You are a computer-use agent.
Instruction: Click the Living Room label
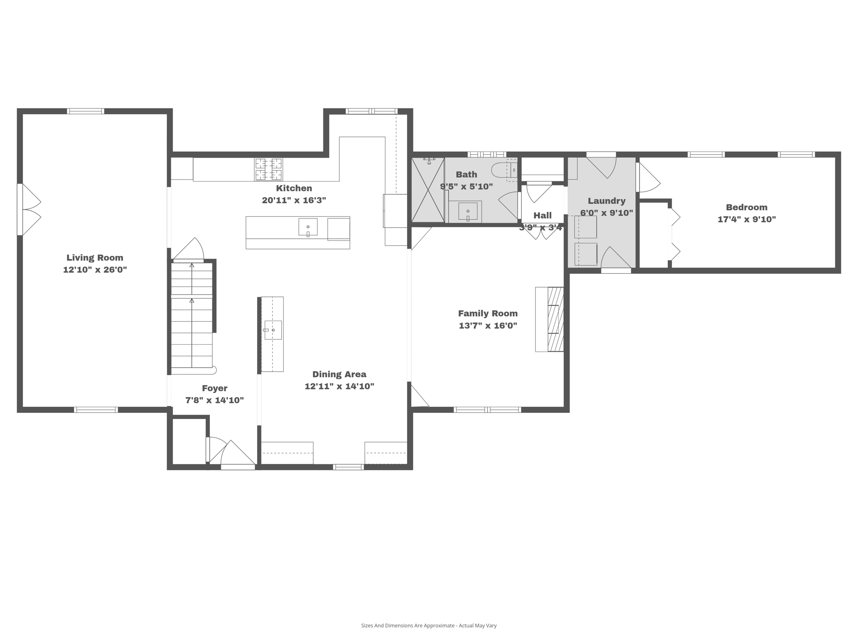[95, 258]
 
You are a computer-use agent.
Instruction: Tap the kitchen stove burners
[269, 169]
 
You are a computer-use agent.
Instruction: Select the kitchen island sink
[308, 227]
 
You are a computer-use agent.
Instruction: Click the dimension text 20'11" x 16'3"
[294, 200]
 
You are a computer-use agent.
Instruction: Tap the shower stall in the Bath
[428, 190]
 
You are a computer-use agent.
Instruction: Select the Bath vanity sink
[468, 211]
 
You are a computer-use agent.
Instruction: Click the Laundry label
[606, 201]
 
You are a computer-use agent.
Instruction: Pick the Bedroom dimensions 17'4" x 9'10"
[747, 219]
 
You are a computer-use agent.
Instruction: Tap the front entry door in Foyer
[238, 454]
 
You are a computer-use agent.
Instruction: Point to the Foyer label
[214, 388]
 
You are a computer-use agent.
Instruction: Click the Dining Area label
[339, 374]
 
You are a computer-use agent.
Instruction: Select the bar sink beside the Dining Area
[273, 330]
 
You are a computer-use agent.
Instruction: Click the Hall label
[542, 216]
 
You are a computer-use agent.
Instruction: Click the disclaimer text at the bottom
[429, 625]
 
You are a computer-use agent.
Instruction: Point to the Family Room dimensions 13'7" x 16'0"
[488, 325]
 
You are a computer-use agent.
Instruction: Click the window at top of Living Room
[85, 111]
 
